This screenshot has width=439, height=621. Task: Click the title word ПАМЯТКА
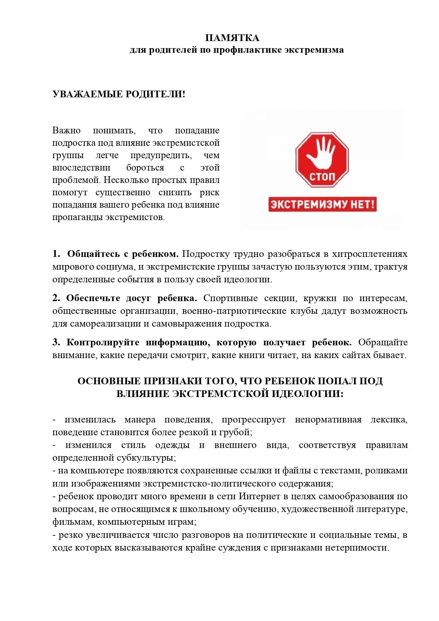click(232, 38)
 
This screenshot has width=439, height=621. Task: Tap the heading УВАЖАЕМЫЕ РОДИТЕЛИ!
click(119, 94)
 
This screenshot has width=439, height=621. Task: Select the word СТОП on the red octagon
click(322, 176)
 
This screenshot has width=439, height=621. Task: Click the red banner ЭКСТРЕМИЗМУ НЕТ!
click(322, 205)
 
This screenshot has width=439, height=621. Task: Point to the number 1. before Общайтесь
click(57, 254)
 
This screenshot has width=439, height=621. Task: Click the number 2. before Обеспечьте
click(56, 298)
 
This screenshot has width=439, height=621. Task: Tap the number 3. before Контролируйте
click(56, 343)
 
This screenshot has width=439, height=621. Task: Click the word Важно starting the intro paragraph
click(67, 131)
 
